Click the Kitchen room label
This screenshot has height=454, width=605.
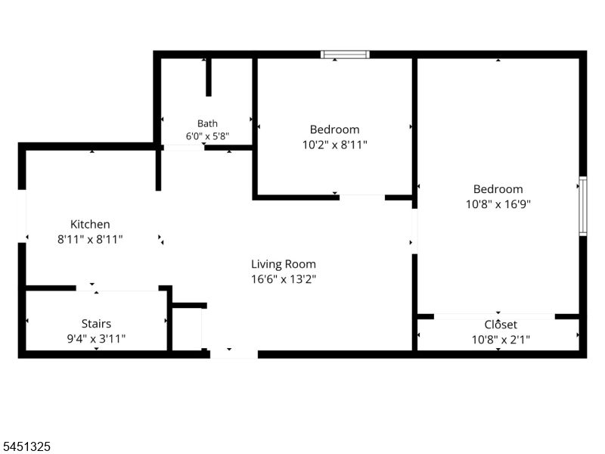coord(90,224)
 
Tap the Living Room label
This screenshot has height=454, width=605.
coord(284,264)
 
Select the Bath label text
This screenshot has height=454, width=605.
coord(207,123)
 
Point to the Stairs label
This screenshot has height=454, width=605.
coord(96,324)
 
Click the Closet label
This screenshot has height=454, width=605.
coord(501,325)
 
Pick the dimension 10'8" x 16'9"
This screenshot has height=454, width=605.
coord(498,204)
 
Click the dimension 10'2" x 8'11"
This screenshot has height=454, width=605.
coord(334,145)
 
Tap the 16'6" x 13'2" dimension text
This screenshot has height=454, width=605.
coord(284,278)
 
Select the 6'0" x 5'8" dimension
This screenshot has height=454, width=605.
coord(207,136)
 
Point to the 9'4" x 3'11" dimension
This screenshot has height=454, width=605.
coord(96,338)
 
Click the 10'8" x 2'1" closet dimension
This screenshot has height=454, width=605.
coord(501,339)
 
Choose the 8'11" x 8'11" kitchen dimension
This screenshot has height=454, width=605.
coord(90,239)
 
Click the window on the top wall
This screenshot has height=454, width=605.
coord(345,54)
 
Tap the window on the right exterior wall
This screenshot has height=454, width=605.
coord(583,206)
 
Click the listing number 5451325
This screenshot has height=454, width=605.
coord(26,446)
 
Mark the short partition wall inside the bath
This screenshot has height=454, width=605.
coord(209,77)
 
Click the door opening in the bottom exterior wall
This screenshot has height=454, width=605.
coord(234,354)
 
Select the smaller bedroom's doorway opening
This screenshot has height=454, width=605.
coord(362,197)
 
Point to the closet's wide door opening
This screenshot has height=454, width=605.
coord(495,316)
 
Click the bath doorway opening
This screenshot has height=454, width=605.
coord(184,148)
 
